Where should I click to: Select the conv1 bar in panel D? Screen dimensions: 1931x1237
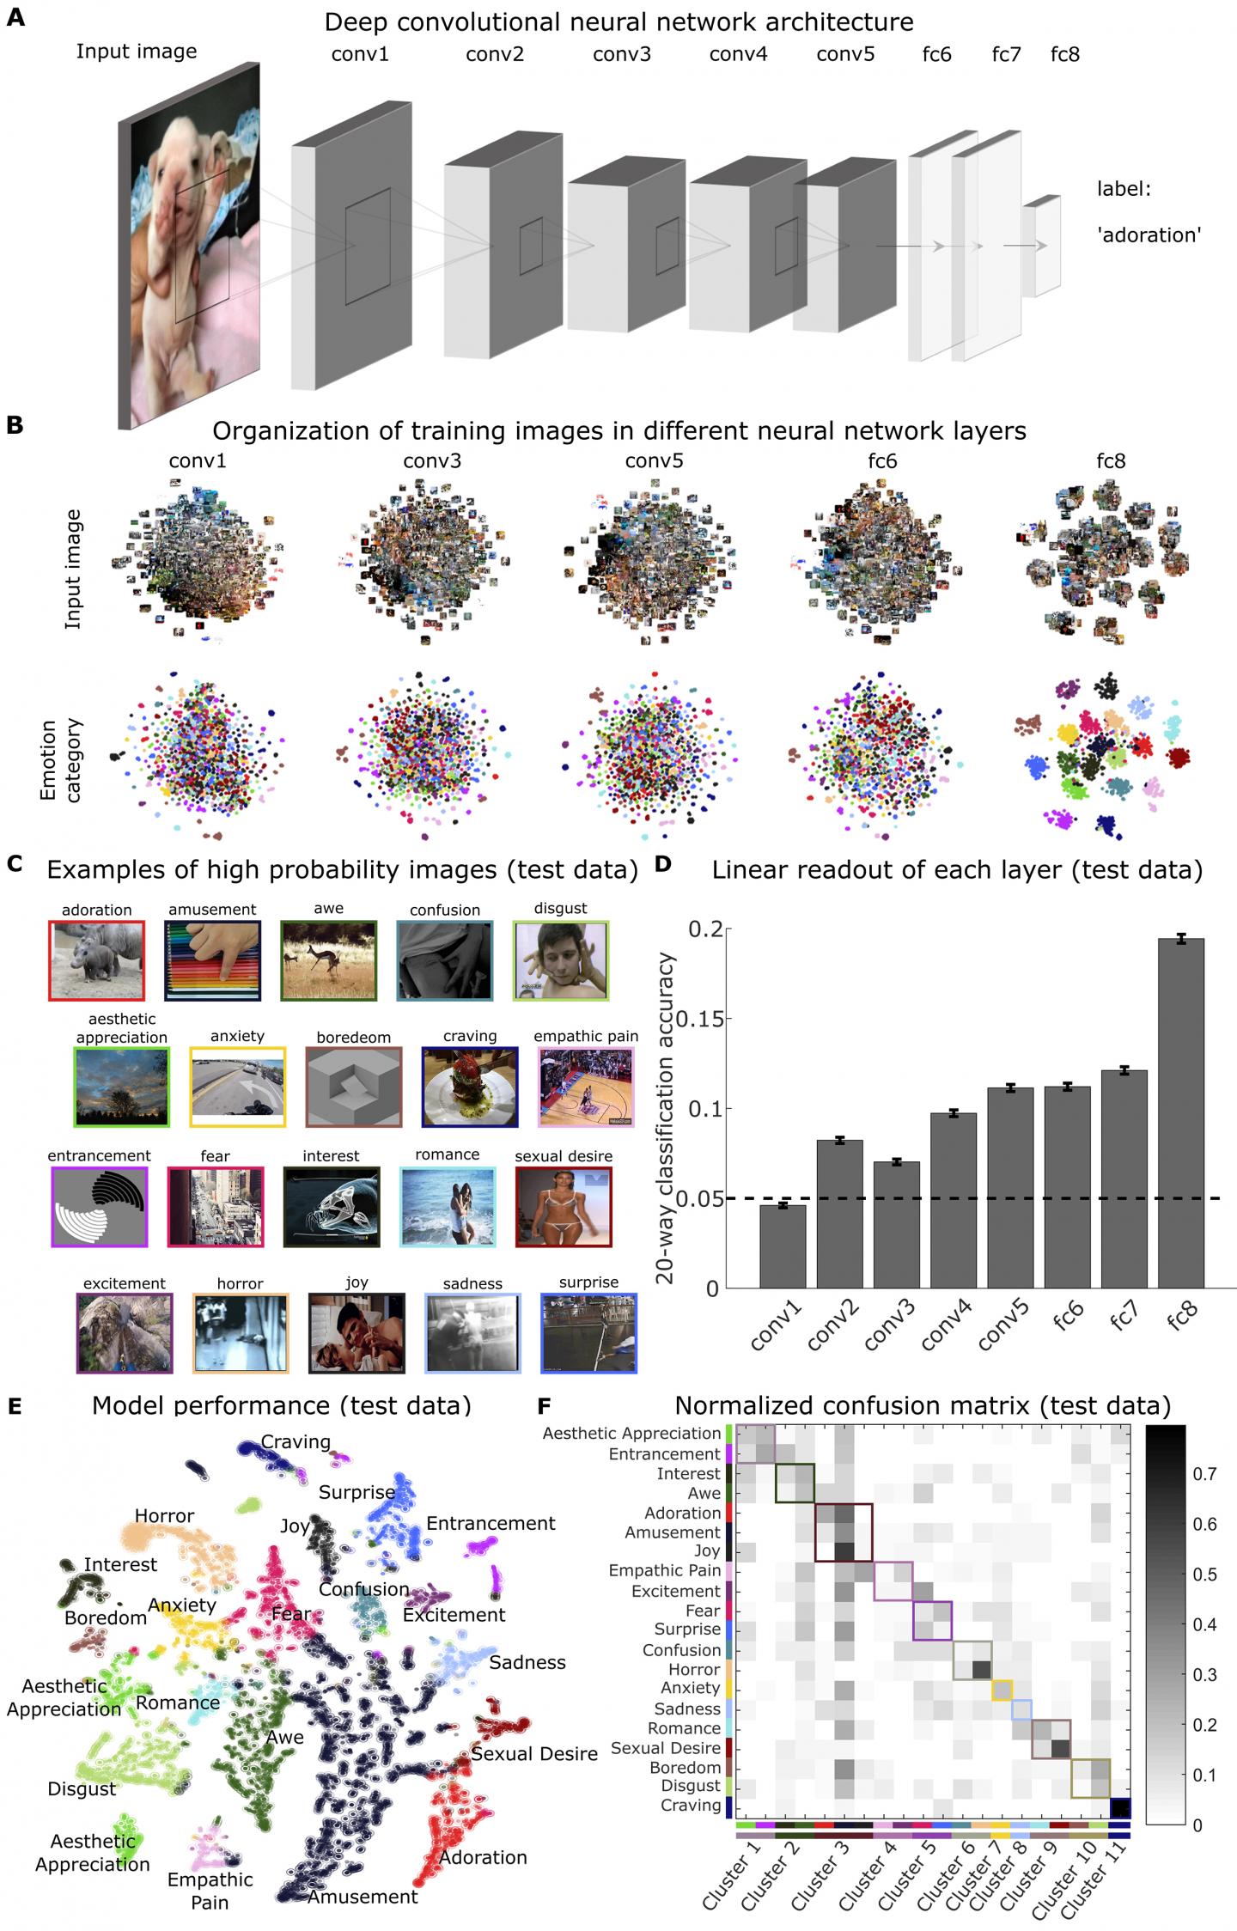[x=783, y=1246]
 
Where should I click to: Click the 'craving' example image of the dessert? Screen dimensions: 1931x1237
[x=470, y=1086]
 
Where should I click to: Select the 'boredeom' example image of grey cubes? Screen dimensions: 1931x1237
[x=354, y=1086]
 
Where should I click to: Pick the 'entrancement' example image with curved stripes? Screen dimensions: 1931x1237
[x=100, y=1207]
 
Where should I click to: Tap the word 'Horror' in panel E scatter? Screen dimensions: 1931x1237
[x=164, y=1515]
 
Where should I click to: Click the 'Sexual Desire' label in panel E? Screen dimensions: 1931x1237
[x=533, y=1753]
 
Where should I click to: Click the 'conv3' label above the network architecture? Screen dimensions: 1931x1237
[x=622, y=55]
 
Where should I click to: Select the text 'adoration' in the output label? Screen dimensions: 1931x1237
[x=1148, y=234]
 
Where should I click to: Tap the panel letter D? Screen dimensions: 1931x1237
[x=663, y=863]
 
